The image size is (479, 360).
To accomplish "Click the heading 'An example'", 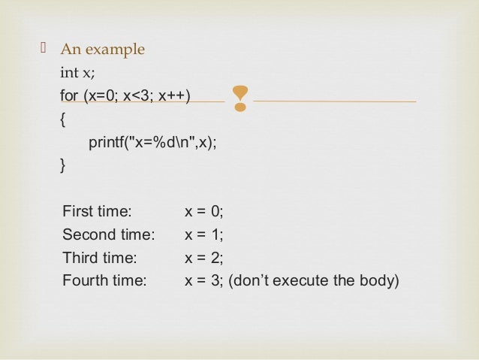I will point(102,50).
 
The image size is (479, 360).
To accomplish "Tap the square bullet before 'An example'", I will point(43,50).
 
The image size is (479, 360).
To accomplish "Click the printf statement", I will point(152,142).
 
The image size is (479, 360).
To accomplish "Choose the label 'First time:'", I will point(97,211).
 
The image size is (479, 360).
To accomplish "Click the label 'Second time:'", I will point(108,234).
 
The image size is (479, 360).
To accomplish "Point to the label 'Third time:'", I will point(100,258).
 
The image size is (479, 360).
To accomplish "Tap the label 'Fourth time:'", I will point(104,281).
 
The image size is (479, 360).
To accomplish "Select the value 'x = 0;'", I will point(204,211).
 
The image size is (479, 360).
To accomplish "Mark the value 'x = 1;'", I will point(204,234).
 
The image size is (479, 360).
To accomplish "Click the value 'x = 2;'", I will point(204,258).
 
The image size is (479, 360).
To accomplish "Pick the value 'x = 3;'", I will point(204,281).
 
